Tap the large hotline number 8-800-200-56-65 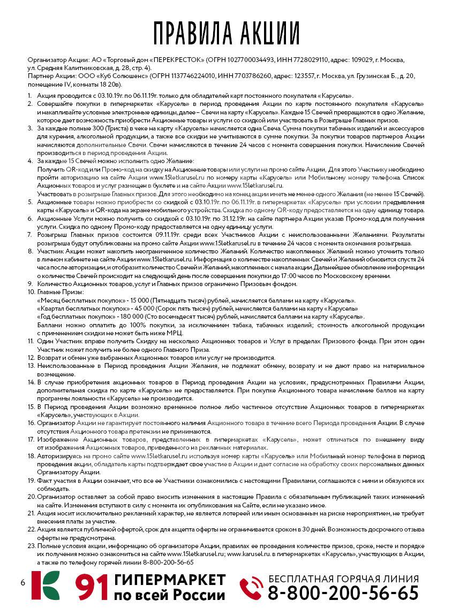point(343,593)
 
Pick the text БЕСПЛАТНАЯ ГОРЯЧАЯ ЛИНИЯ point(343,579)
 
